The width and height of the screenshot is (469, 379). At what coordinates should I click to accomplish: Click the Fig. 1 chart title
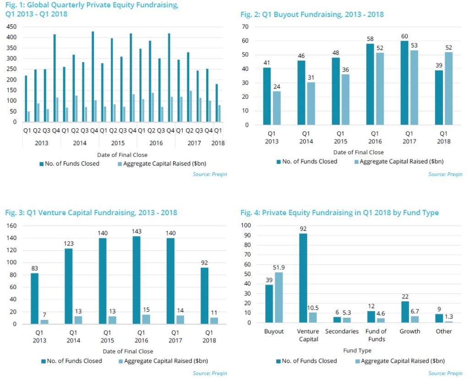click(x=92, y=10)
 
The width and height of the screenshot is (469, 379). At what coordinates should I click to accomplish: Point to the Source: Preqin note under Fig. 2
click(x=445, y=174)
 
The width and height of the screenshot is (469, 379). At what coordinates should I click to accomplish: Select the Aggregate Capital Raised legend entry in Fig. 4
click(x=398, y=361)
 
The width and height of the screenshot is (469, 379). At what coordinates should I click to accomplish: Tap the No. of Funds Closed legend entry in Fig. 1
click(x=69, y=163)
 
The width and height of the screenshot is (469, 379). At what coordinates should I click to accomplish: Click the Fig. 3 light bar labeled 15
click(x=147, y=319)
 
